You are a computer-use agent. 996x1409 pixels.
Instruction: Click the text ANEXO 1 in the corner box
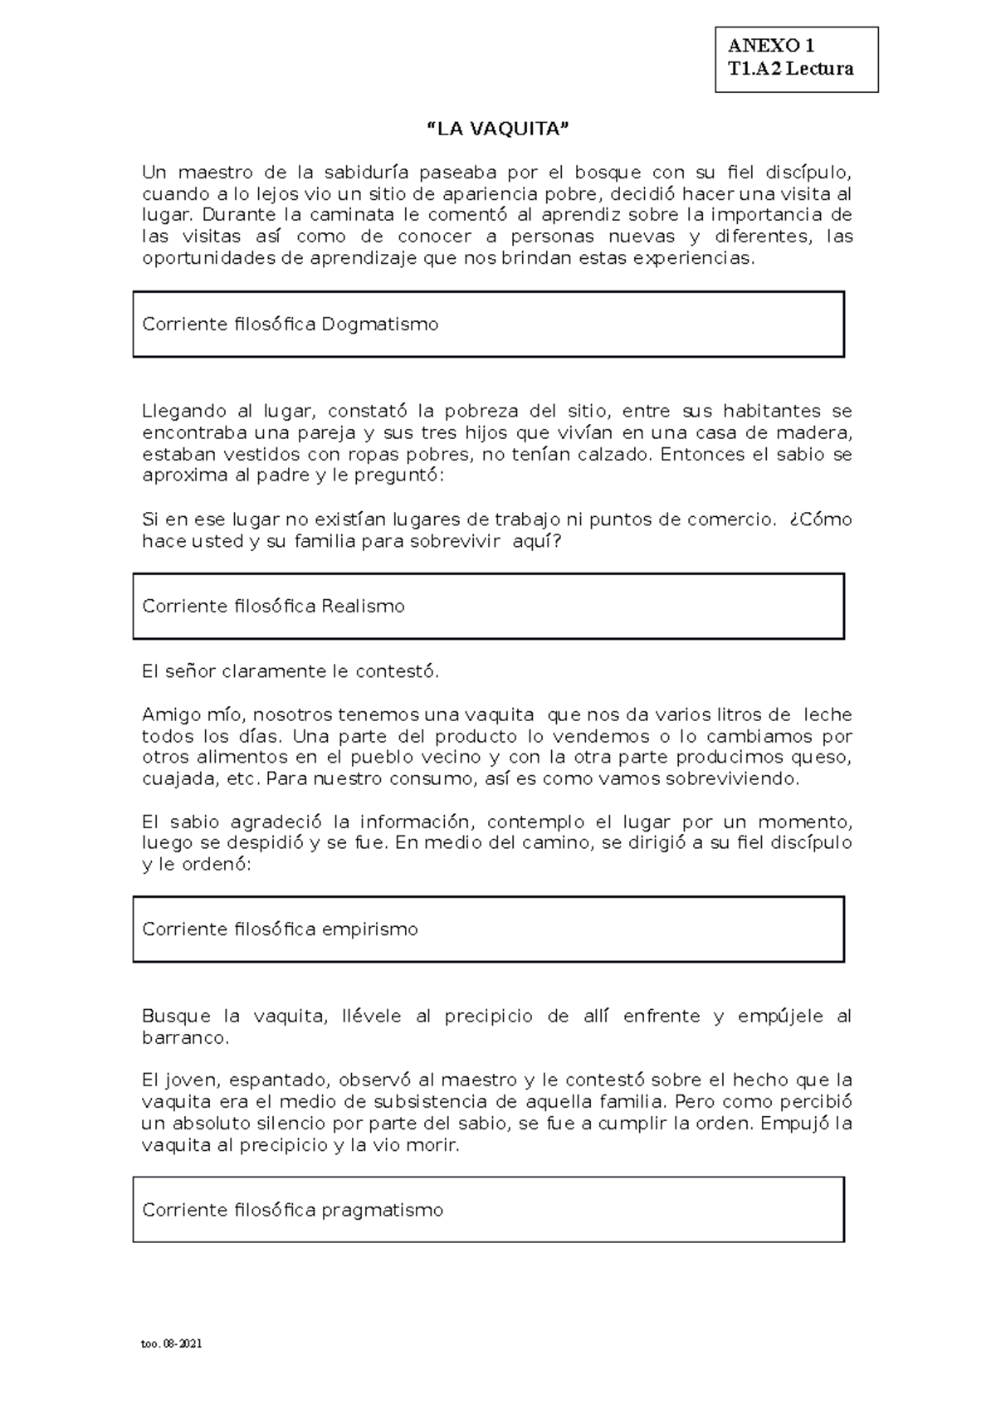click(x=771, y=46)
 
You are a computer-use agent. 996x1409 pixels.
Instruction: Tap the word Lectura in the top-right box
click(x=819, y=69)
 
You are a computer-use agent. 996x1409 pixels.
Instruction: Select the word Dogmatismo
click(x=380, y=324)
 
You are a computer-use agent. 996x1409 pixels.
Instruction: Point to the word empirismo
click(x=369, y=929)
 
